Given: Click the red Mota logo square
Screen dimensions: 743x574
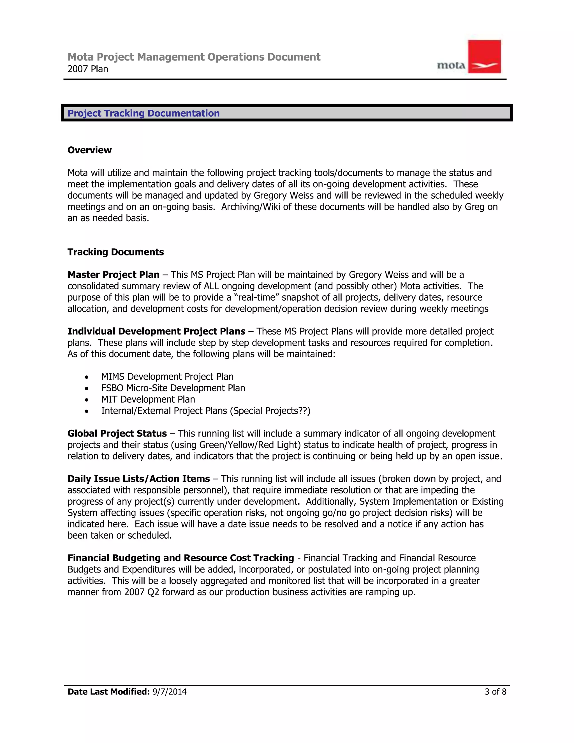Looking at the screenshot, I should click(484, 56).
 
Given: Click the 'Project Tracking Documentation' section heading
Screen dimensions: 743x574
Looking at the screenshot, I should click(143, 113).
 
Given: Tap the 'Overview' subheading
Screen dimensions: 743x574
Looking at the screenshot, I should click(89, 150).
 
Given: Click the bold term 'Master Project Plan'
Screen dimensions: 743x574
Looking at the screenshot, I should click(113, 274).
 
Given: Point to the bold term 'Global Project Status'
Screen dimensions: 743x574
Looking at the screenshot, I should click(117, 433).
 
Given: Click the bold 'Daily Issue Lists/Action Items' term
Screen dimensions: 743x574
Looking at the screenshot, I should click(138, 479).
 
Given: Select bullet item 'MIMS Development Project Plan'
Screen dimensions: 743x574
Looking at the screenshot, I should click(167, 377).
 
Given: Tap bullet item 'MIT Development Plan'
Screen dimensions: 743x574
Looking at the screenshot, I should click(148, 399).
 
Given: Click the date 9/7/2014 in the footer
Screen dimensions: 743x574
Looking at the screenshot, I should click(169, 692).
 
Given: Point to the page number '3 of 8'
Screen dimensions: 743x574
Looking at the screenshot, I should click(495, 692).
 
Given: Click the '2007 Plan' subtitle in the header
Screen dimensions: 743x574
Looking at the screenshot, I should click(88, 69).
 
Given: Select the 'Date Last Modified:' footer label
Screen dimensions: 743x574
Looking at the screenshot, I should click(108, 692).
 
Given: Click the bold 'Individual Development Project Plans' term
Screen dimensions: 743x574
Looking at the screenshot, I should click(156, 331).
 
